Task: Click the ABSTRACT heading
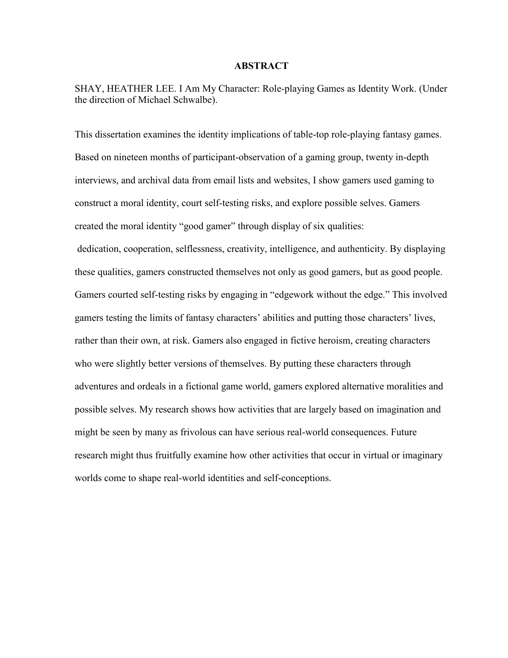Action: pyautogui.click(x=261, y=66)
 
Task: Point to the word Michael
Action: pyautogui.click(x=154, y=100)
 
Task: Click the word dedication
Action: pyautogui.click(x=99, y=249)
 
